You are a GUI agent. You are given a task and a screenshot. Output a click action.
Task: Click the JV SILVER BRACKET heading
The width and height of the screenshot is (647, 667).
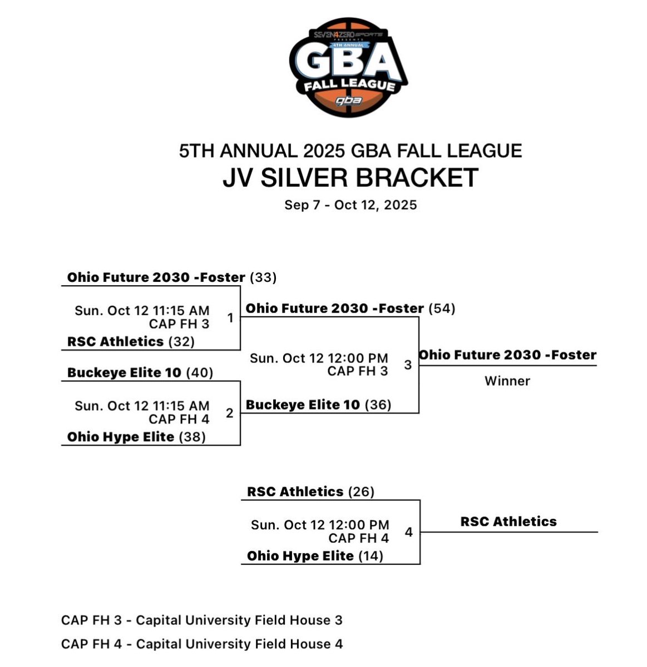tap(350, 178)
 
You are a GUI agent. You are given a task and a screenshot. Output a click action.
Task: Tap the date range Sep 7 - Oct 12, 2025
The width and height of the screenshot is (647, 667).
tap(350, 205)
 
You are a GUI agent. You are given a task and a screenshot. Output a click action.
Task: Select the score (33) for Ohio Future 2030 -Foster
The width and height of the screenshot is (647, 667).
tap(263, 277)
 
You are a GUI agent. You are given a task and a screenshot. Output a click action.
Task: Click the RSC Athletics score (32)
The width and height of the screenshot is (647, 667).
tap(179, 341)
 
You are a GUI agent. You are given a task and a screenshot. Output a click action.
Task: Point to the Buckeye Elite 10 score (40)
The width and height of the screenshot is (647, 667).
tap(199, 372)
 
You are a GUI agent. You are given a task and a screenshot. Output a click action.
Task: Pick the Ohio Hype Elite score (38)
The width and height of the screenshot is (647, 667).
tap(192, 437)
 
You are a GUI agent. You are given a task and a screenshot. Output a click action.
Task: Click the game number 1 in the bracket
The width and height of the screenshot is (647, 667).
tap(230, 318)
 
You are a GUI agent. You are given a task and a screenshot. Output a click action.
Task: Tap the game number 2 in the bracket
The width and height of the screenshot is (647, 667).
tap(230, 413)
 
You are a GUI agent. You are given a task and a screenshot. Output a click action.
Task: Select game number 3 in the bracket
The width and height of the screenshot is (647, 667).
tap(408, 365)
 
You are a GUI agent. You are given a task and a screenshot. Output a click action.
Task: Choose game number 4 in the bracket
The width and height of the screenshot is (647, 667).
tap(409, 532)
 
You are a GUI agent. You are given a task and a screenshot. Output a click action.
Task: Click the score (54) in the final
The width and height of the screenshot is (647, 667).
tap(442, 308)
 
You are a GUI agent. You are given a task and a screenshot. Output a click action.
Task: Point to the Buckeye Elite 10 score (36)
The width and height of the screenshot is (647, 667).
tap(378, 405)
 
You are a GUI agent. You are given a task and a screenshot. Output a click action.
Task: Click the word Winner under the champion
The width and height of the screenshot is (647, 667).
tap(507, 381)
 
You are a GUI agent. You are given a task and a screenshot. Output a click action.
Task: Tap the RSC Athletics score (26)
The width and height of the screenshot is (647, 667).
tap(361, 492)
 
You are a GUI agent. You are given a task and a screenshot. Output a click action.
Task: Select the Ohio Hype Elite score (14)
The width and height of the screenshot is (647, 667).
tap(371, 556)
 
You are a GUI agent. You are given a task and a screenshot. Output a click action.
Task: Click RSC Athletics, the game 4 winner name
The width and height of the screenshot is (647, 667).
tap(508, 521)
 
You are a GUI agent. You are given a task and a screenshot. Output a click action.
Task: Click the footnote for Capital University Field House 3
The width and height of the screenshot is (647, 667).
tap(202, 620)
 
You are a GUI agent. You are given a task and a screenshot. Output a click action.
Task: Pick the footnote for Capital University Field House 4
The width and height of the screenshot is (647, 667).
tap(202, 644)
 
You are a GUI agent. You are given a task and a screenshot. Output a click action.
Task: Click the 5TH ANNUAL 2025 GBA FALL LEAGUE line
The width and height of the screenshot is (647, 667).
tap(350, 151)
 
